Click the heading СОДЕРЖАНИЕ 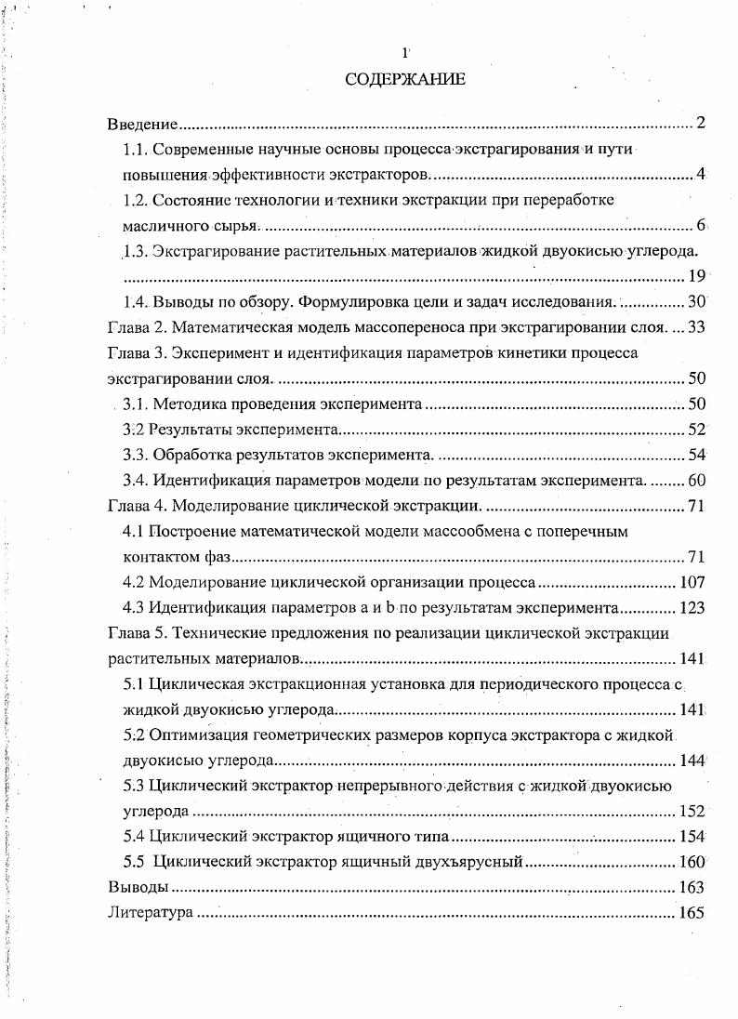click(405, 80)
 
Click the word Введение click(142, 124)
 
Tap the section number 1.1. click(136, 150)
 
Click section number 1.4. click(136, 301)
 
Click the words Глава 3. click(136, 352)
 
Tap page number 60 click(697, 480)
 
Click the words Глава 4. click(136, 506)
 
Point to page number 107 click(692, 583)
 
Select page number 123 click(692, 608)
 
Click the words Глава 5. click(136, 634)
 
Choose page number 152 click(692, 811)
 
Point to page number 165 click(692, 912)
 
